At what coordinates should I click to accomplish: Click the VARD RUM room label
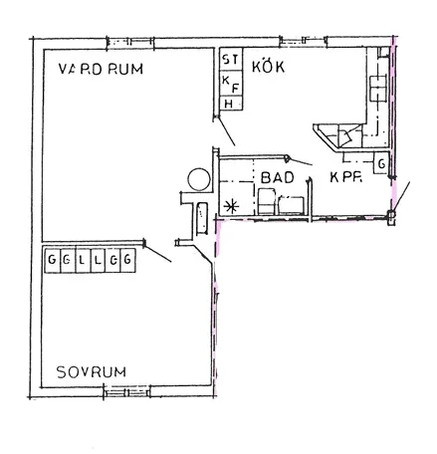pyautogui.click(x=101, y=69)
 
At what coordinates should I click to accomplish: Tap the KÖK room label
pyautogui.click(x=268, y=66)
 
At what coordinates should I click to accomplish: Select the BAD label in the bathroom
pyautogui.click(x=278, y=177)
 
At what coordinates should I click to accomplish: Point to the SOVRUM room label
pyautogui.click(x=92, y=372)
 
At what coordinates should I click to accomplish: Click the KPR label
pyautogui.click(x=345, y=177)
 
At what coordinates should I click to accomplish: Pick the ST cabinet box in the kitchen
pyautogui.click(x=231, y=59)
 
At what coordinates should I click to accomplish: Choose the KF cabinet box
pyautogui.click(x=231, y=83)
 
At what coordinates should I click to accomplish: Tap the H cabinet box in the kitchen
pyautogui.click(x=231, y=104)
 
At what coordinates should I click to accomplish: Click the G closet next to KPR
pyautogui.click(x=381, y=163)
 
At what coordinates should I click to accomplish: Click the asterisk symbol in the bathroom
pyautogui.click(x=231, y=206)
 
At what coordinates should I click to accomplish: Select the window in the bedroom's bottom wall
pyautogui.click(x=126, y=391)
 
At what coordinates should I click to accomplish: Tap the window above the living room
pyautogui.click(x=130, y=42)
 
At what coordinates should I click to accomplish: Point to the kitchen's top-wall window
pyautogui.click(x=304, y=41)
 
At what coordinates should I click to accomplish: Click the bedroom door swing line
pyautogui.click(x=158, y=254)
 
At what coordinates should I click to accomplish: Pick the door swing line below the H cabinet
pyautogui.click(x=226, y=131)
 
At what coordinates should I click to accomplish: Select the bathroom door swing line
pyautogui.click(x=301, y=161)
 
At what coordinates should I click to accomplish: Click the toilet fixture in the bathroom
pyautogui.click(x=267, y=201)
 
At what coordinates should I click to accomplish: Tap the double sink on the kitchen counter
pyautogui.click(x=378, y=89)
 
